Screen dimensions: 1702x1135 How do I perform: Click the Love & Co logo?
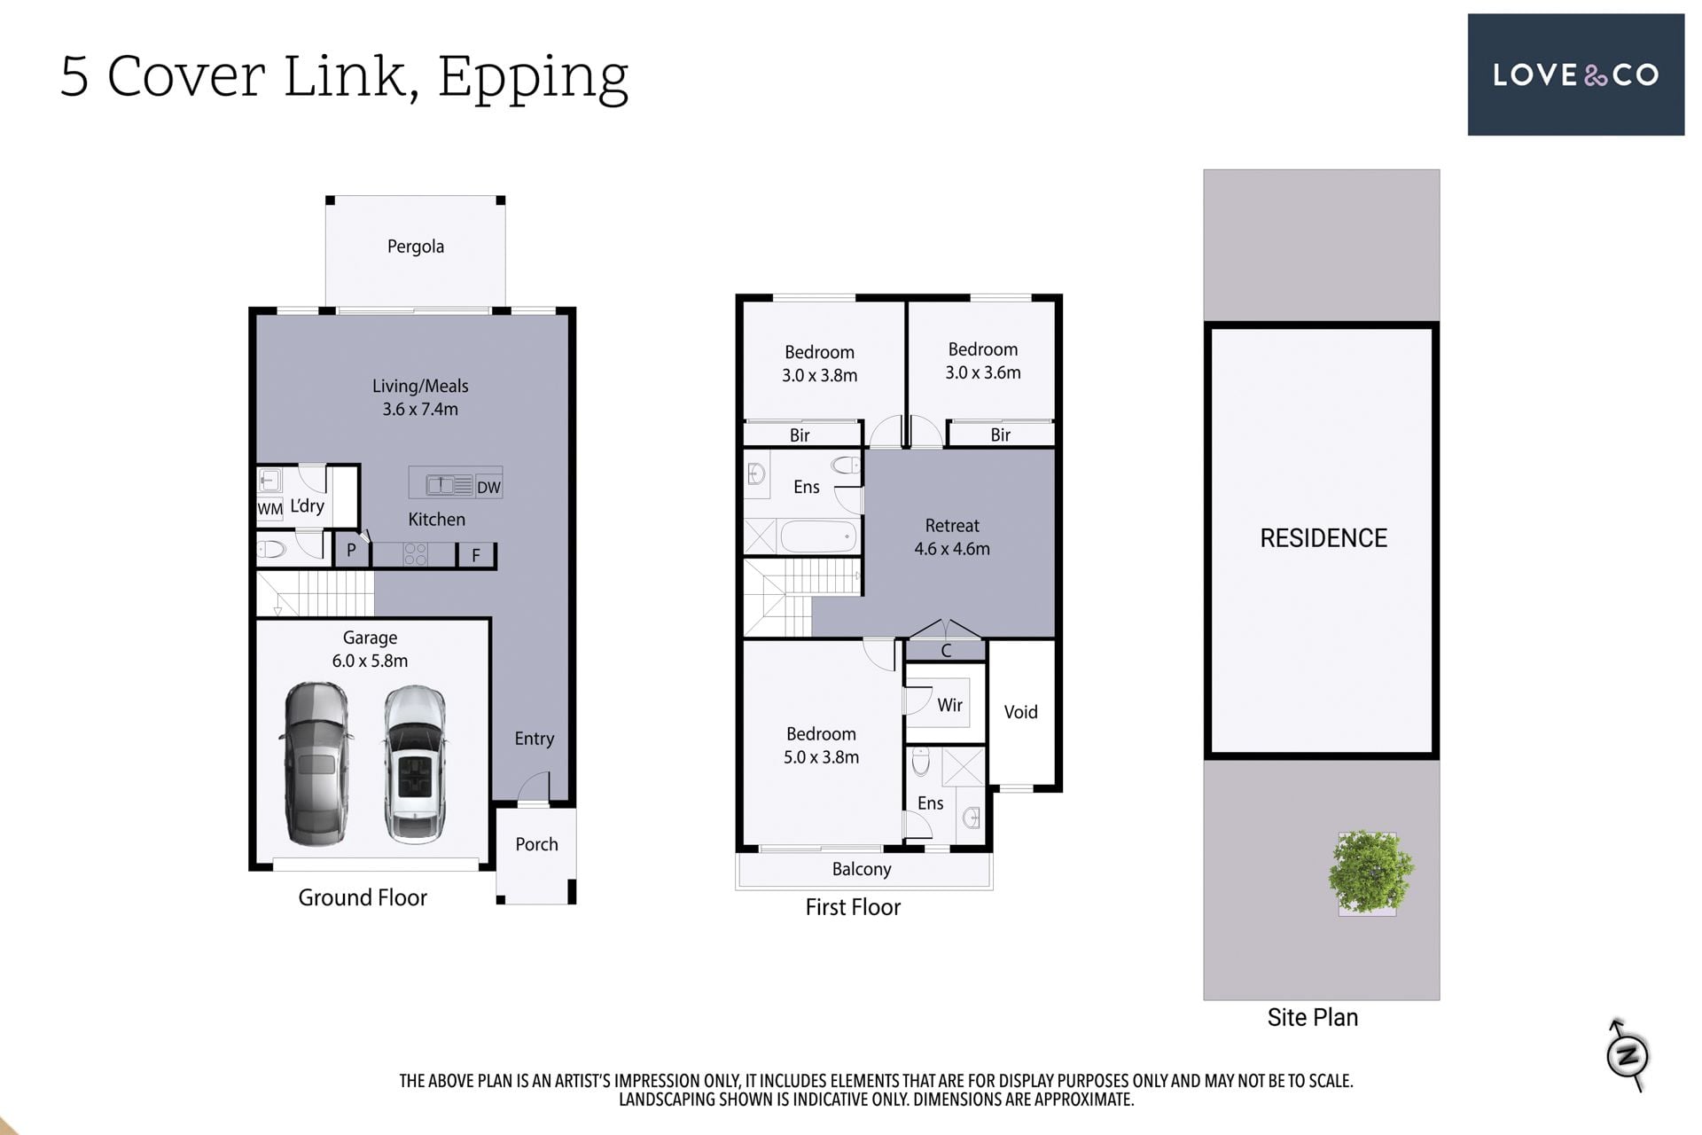(1575, 74)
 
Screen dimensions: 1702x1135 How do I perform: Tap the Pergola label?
(416, 247)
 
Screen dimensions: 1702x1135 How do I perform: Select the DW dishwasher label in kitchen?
(488, 487)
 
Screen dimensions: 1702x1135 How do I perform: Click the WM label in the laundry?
(269, 509)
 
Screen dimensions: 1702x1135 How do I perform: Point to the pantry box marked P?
(351, 550)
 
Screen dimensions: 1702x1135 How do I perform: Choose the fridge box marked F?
(476, 555)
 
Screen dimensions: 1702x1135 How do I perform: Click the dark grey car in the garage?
(316, 763)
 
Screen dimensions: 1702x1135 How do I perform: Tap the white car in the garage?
(415, 764)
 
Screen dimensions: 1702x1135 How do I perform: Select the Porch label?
(536, 844)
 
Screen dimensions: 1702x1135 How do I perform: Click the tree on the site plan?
(1370, 872)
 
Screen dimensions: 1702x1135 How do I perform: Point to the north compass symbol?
(1628, 1055)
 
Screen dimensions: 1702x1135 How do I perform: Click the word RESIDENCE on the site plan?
(1323, 538)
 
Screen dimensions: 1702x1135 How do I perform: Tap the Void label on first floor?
(1020, 712)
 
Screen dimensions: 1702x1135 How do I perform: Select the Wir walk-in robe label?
(949, 705)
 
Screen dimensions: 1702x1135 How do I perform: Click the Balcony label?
(862, 869)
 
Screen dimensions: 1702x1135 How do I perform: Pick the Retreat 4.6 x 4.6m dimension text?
(952, 549)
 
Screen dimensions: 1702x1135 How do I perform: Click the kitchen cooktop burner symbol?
(415, 554)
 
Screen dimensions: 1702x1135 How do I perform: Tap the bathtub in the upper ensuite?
(816, 536)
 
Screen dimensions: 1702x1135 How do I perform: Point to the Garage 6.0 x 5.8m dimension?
(370, 661)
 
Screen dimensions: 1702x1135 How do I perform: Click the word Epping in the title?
(533, 78)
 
